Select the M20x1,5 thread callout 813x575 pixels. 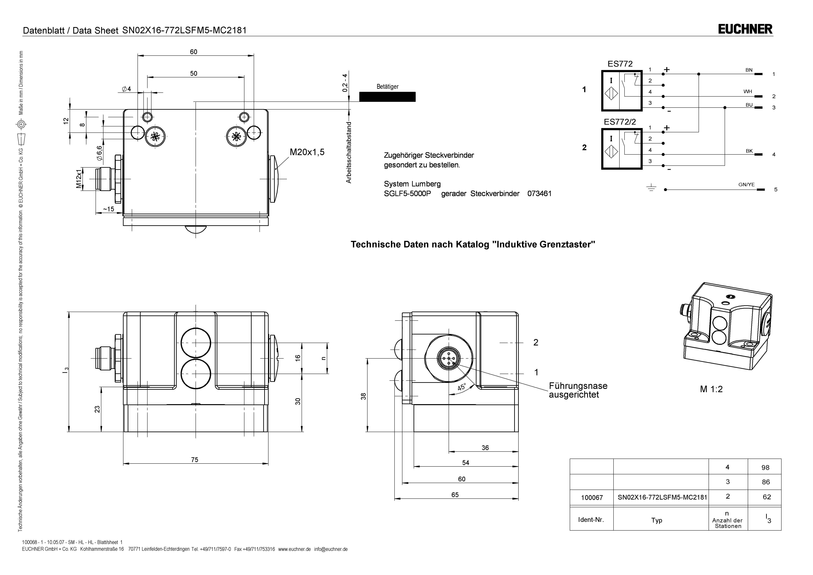point(307,152)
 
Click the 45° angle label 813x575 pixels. point(462,387)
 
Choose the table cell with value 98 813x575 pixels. point(765,468)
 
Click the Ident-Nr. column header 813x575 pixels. point(591,520)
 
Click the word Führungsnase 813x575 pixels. point(578,386)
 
